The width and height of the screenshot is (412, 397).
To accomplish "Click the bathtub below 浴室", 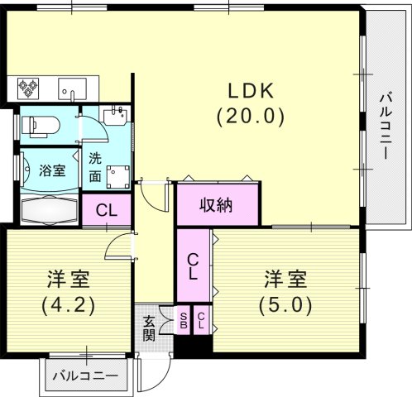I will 48,210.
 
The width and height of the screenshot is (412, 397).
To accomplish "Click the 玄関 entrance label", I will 150,328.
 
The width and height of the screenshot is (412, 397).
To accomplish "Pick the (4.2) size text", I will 68,304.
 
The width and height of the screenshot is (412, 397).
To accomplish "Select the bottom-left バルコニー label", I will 85,375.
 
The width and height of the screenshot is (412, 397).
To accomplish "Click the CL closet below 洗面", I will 106,209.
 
